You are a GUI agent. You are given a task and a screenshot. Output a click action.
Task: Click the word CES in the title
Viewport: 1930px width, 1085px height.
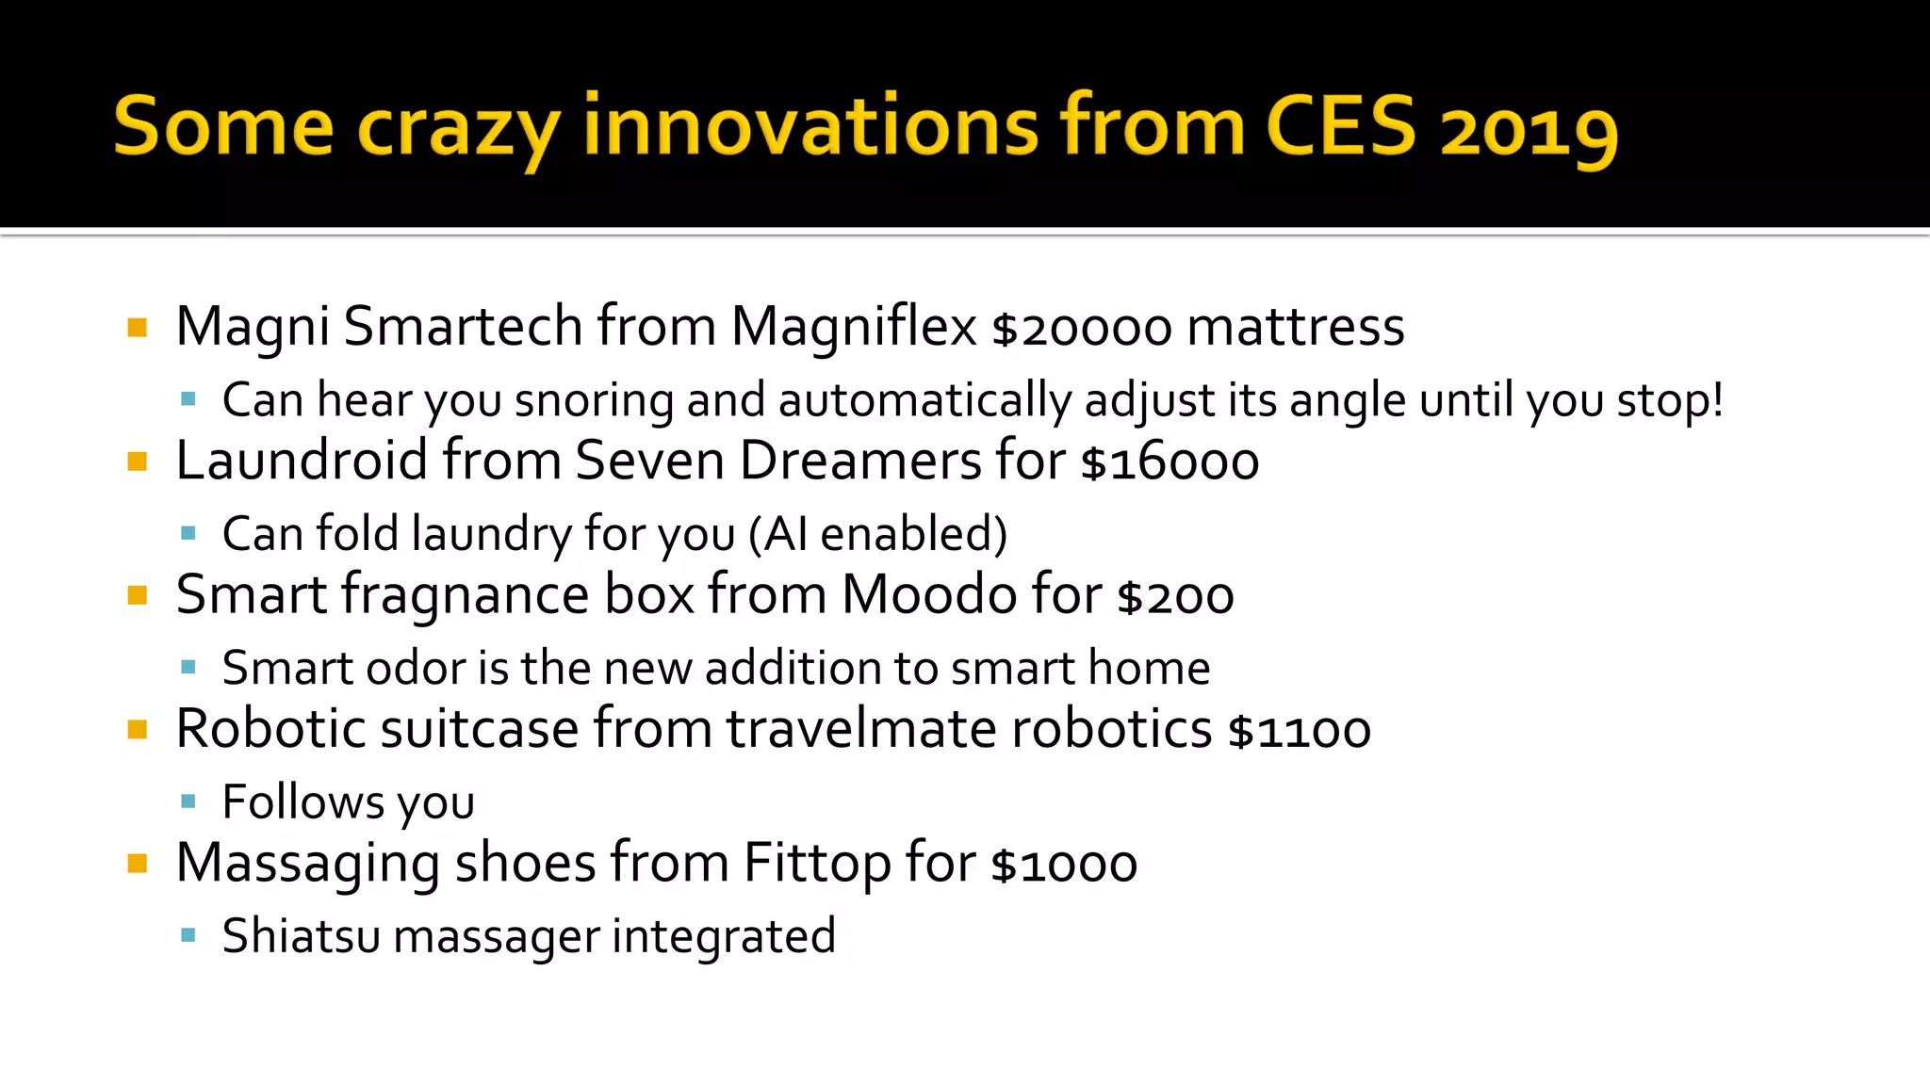pyautogui.click(x=1340, y=126)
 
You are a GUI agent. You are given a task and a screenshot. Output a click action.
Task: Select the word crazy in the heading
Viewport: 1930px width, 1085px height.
pyautogui.click(x=459, y=129)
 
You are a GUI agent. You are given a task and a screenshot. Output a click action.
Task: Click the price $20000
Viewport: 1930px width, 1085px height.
pyautogui.click(x=1082, y=329)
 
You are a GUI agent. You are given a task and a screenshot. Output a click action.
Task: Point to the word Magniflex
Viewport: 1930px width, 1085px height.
pyautogui.click(x=854, y=327)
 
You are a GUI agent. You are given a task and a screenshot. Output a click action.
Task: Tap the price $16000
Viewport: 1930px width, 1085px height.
pyautogui.click(x=1169, y=462)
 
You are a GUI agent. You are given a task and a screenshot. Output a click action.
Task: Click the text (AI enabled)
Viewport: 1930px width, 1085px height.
pyautogui.click(x=878, y=534)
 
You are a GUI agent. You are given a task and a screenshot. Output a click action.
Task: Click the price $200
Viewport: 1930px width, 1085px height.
pyautogui.click(x=1175, y=597)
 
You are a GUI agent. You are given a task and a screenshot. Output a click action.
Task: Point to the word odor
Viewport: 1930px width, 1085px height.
pyautogui.click(x=415, y=668)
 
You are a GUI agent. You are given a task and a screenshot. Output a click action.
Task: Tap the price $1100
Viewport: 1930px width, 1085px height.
pyautogui.click(x=1299, y=731)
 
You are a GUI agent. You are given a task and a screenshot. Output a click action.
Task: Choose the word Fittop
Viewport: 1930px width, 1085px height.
pyautogui.click(x=816, y=864)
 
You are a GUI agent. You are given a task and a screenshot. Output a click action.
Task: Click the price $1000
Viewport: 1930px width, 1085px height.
pyautogui.click(x=1064, y=866)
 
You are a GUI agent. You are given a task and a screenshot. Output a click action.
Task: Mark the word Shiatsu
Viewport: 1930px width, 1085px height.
pyautogui.click(x=301, y=936)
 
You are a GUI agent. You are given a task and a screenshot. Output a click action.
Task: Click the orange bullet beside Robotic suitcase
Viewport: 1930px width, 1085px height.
pyautogui.click(x=138, y=730)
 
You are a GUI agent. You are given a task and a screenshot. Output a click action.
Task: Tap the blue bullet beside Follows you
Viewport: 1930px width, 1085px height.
pyautogui.click(x=188, y=802)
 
